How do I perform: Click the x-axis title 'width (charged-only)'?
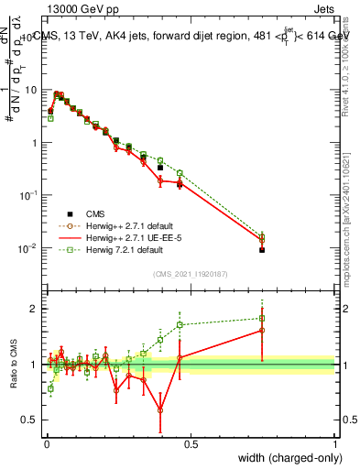click(x=284, y=458)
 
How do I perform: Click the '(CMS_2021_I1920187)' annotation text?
click(x=191, y=274)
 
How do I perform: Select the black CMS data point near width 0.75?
click(x=262, y=249)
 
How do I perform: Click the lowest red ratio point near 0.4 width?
click(x=160, y=409)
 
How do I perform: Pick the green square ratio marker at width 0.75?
click(x=262, y=319)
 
